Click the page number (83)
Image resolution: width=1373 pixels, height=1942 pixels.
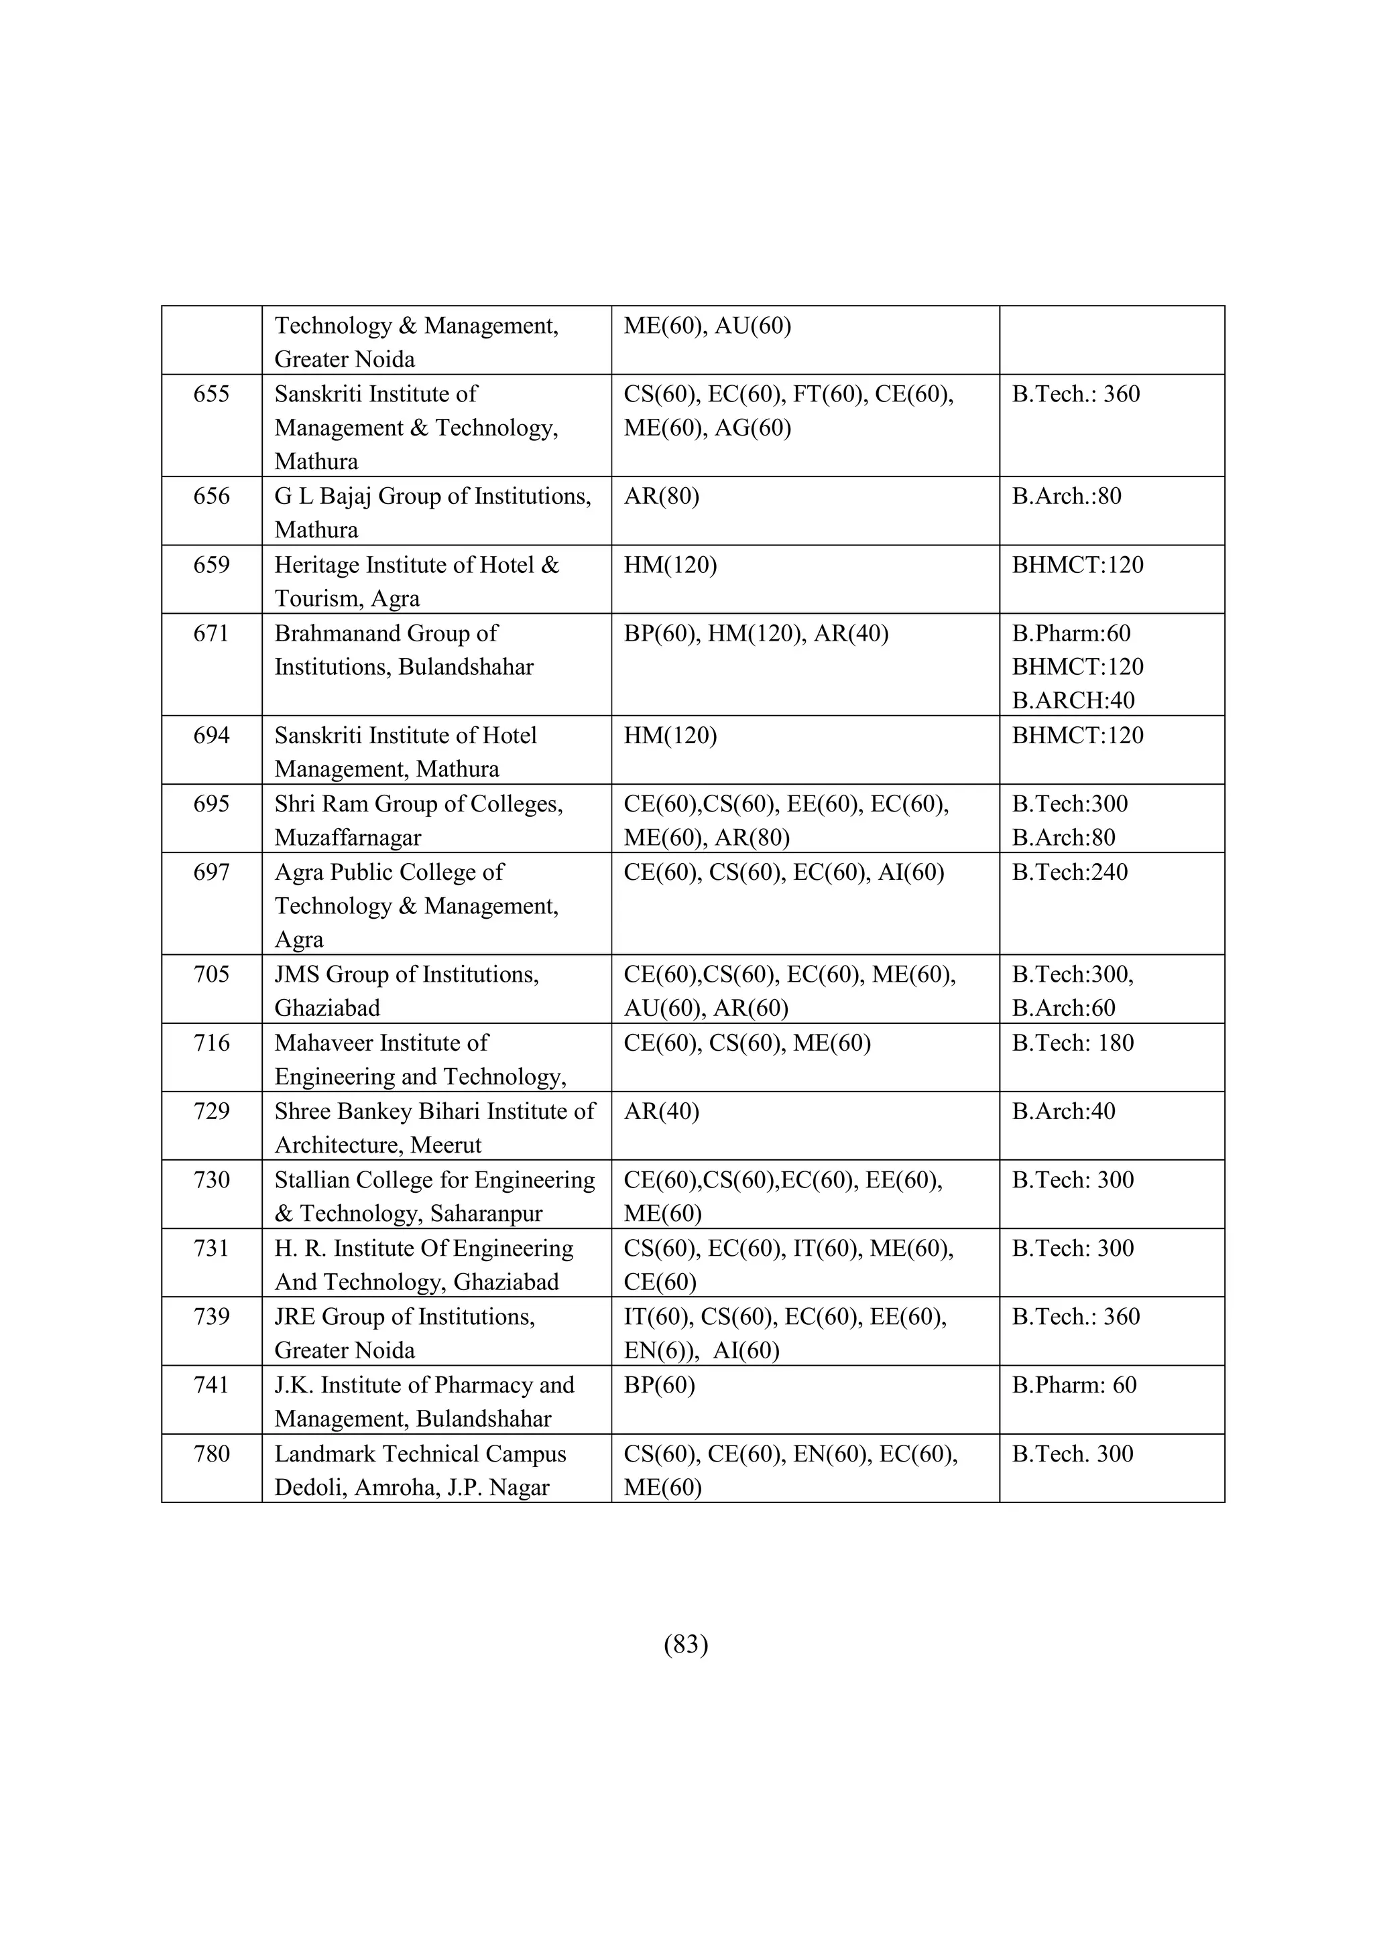click(686, 1644)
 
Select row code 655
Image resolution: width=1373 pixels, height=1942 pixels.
click(211, 394)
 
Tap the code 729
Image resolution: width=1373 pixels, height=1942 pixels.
click(211, 1110)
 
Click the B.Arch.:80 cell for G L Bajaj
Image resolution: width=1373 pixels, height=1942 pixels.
click(1066, 496)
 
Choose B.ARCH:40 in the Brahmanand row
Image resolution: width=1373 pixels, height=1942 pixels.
click(1073, 700)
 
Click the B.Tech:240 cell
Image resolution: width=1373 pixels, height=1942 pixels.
click(1069, 872)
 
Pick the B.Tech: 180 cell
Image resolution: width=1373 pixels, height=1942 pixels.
click(1072, 1043)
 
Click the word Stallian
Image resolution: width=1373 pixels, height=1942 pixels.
click(312, 1180)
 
